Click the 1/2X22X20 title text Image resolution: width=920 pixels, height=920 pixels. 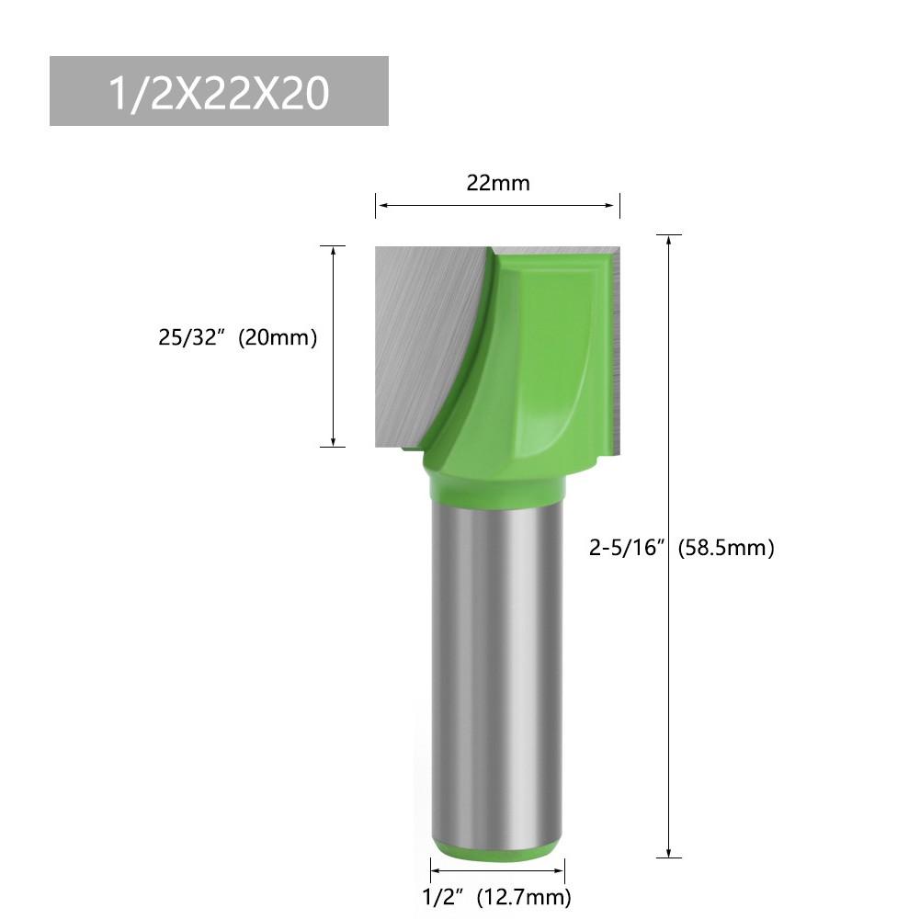pyautogui.click(x=218, y=92)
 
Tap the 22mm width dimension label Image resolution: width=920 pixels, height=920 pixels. pyautogui.click(x=497, y=183)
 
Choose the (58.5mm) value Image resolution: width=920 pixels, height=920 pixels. pyautogui.click(x=726, y=549)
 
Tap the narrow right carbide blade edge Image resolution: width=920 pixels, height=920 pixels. pyautogui.click(x=616, y=349)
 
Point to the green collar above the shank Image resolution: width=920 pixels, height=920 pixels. pyautogui.click(x=497, y=483)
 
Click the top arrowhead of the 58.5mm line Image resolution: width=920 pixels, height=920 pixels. pyautogui.click(x=669, y=240)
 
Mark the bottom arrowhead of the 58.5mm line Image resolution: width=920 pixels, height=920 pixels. pyautogui.click(x=669, y=852)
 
